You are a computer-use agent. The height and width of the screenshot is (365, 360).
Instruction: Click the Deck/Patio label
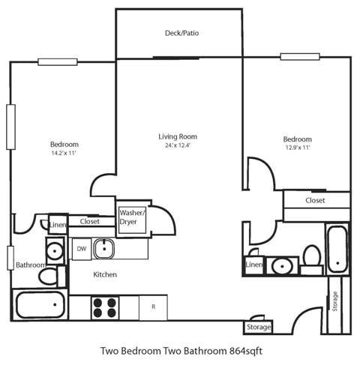point(181,33)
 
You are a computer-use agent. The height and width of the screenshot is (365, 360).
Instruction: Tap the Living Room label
point(178,136)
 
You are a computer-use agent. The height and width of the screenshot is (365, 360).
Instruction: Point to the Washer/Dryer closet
point(133,217)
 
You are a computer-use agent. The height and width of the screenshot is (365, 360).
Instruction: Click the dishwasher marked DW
point(81,248)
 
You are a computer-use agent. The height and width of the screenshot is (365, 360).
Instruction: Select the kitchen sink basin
point(103,248)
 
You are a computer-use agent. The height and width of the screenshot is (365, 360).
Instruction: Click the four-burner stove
point(105,307)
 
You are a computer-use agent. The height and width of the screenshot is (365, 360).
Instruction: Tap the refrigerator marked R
point(153,307)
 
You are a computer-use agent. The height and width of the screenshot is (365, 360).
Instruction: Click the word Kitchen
point(105,275)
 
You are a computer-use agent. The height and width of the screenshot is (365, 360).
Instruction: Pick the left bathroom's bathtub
point(40,305)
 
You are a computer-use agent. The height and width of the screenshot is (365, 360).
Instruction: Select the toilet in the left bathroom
point(47,277)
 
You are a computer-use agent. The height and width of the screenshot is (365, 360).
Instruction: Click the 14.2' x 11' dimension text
point(64,153)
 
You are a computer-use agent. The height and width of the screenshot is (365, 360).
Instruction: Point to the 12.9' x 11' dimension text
point(297,148)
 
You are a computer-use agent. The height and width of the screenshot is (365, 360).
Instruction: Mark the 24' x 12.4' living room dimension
point(178,145)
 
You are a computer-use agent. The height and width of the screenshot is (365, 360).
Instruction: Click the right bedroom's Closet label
point(315,200)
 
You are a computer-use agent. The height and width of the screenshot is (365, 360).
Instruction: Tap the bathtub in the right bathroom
point(337,248)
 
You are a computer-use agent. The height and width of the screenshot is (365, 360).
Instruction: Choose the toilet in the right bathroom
point(311,257)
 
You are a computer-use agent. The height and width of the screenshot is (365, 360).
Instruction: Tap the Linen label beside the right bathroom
point(253,265)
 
